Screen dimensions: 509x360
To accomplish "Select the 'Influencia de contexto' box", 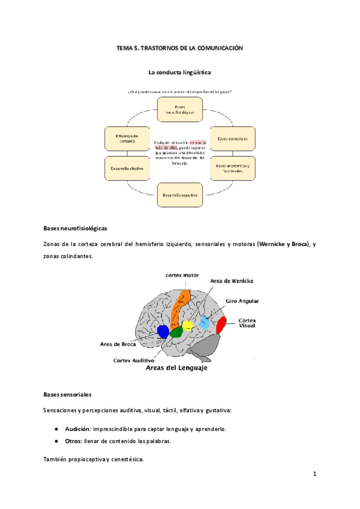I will pyautogui.click(x=127, y=138).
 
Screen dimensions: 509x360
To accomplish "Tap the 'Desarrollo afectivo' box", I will pyautogui.click(x=127, y=168).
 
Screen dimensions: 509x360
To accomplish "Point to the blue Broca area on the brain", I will pyautogui.click(x=162, y=331).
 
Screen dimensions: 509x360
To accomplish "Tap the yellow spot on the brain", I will pyautogui.click(x=187, y=325).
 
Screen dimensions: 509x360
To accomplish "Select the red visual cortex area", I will pyautogui.click(x=221, y=325).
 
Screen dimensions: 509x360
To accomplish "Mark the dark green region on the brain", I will pyautogui.click(x=176, y=332).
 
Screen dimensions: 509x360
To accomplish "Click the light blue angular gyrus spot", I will pyautogui.click(x=205, y=323).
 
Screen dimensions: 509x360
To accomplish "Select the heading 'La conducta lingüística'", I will pyautogui.click(x=179, y=72).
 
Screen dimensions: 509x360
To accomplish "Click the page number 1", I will pyautogui.click(x=314, y=474).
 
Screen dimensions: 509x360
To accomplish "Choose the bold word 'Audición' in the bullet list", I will pyautogui.click(x=78, y=429).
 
